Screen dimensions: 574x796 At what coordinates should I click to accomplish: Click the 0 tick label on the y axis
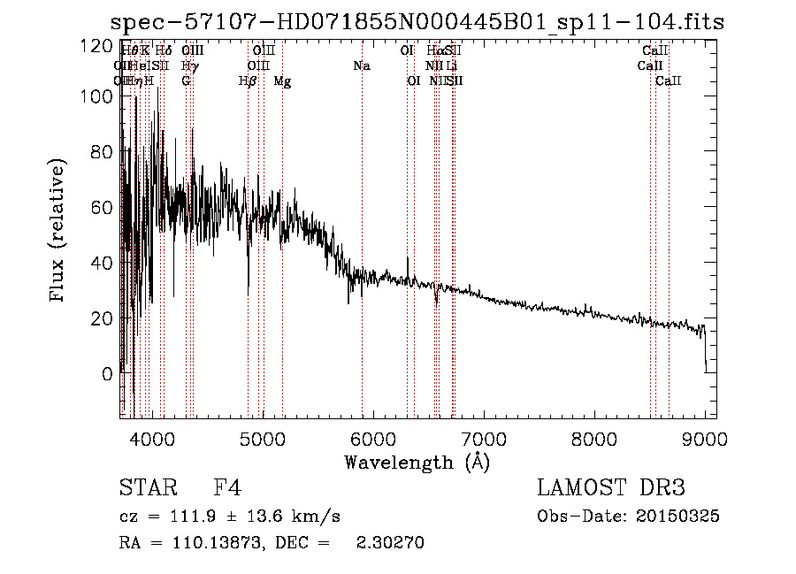106,373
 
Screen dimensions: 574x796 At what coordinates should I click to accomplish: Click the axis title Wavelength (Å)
417,462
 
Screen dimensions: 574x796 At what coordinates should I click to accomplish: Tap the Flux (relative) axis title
58,232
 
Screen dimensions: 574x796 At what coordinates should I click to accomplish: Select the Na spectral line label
361,66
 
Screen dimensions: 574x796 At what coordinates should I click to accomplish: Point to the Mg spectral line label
282,81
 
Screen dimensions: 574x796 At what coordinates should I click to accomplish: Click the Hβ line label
248,81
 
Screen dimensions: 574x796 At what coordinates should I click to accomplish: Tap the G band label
186,81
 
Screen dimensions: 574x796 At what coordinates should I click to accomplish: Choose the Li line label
452,66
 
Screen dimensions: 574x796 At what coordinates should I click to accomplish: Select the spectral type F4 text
227,488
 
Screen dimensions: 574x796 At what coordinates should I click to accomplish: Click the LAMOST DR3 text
611,488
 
